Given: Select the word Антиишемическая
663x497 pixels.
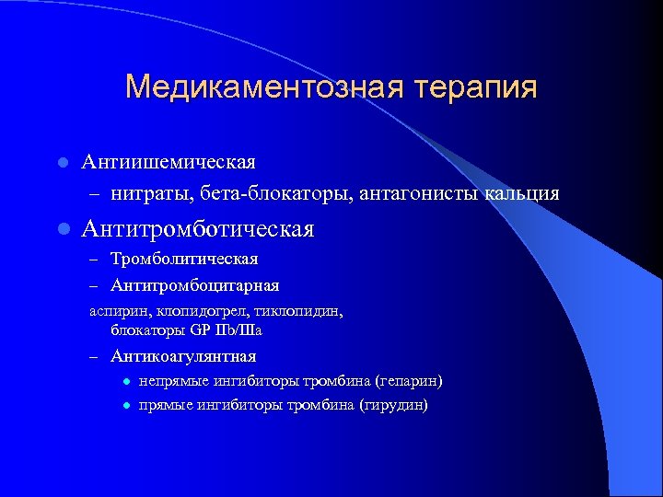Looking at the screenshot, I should click(x=168, y=162).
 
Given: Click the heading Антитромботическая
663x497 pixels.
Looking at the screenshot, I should click(x=198, y=227).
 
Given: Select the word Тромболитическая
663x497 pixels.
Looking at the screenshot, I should click(x=184, y=260).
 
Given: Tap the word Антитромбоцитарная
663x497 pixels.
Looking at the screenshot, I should click(x=194, y=286).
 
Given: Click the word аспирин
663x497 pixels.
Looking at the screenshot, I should click(x=113, y=312).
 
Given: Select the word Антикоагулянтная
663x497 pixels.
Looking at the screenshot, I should click(x=183, y=356).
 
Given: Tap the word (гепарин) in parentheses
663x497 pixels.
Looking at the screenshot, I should click(x=407, y=381).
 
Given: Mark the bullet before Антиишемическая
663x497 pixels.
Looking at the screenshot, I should click(x=61, y=163).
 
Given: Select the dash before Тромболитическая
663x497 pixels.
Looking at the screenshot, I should click(x=94, y=260).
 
